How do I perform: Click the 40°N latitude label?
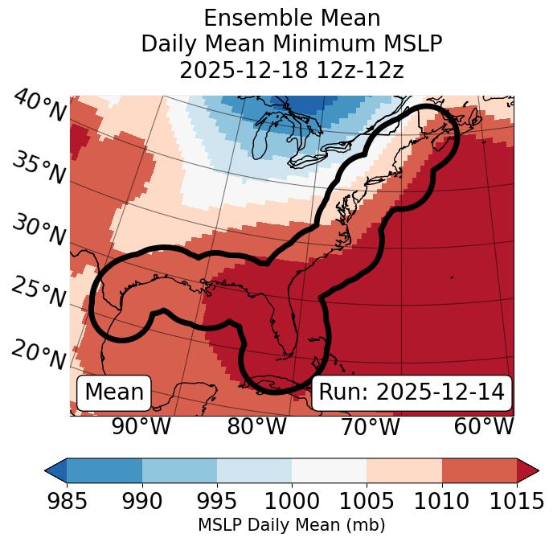pyautogui.click(x=39, y=107)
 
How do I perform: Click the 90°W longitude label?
pyautogui.click(x=141, y=427)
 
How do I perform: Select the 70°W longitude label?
pyautogui.click(x=371, y=427)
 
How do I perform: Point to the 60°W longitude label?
pyautogui.click(x=484, y=427)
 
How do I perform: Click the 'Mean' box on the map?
pyautogui.click(x=114, y=392)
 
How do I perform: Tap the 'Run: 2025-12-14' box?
pyautogui.click(x=412, y=392)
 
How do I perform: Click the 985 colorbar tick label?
pyautogui.click(x=68, y=502)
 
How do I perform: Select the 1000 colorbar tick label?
pyautogui.click(x=292, y=502)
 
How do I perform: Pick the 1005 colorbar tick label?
pyautogui.click(x=367, y=502)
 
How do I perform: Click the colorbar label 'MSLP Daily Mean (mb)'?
pyautogui.click(x=292, y=526)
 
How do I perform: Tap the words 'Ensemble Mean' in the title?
pyautogui.click(x=292, y=18)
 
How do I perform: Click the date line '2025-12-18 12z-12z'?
pyautogui.click(x=292, y=70)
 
